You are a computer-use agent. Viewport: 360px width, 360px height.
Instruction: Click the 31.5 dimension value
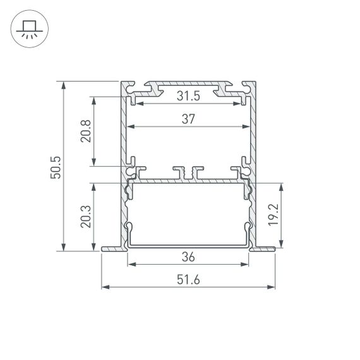pyautogui.click(x=188, y=96)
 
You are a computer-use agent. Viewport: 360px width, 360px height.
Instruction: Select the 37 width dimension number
pyautogui.click(x=188, y=119)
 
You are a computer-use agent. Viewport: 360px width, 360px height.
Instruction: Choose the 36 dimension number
pyautogui.click(x=188, y=258)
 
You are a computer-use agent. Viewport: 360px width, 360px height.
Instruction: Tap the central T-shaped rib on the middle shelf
pyautogui.click(x=188, y=172)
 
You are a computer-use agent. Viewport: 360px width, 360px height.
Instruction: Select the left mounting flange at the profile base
pyautogui.click(x=111, y=249)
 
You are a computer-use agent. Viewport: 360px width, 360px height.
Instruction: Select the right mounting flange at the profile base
pyautogui.click(x=265, y=249)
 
